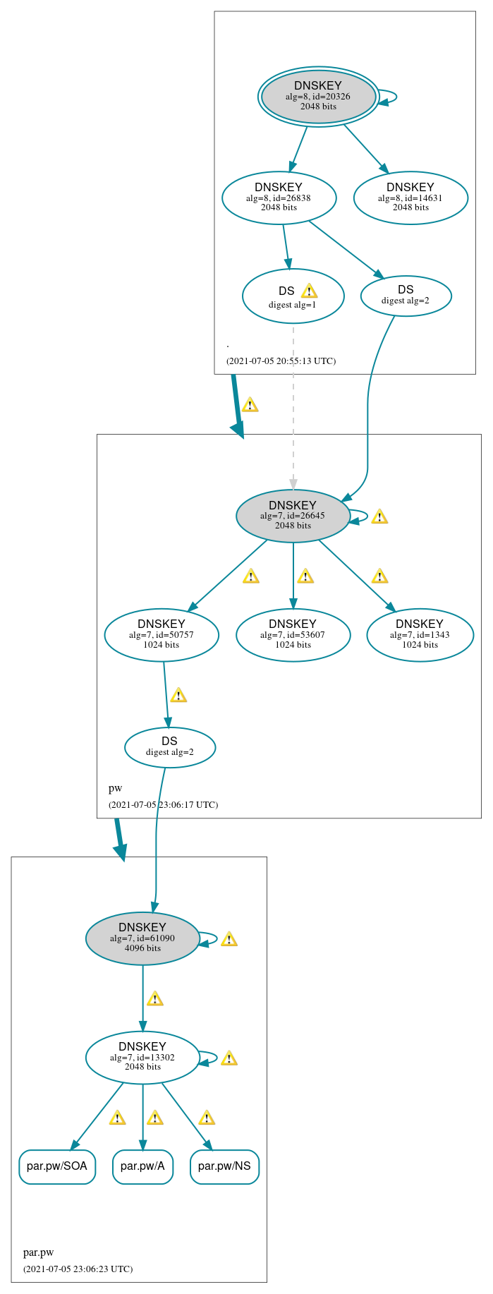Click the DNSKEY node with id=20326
click(x=318, y=96)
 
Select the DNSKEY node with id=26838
click(x=279, y=198)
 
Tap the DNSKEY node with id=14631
click(x=410, y=198)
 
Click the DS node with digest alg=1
click(x=292, y=296)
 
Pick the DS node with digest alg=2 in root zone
click(x=406, y=296)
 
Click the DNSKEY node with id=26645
click(x=293, y=516)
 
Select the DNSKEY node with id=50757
click(x=162, y=634)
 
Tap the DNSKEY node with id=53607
click(x=293, y=634)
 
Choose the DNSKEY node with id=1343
click(x=420, y=634)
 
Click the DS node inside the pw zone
click(x=170, y=746)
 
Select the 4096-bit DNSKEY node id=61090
click(x=142, y=938)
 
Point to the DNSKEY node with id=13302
click(x=142, y=1057)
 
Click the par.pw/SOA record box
click(x=57, y=1166)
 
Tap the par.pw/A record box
click(x=142, y=1166)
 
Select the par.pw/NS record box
click(x=224, y=1166)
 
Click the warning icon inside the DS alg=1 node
click(x=309, y=291)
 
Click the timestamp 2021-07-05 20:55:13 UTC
click(x=281, y=361)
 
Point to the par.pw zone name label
click(x=38, y=1252)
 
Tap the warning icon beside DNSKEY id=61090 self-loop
click(x=229, y=939)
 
